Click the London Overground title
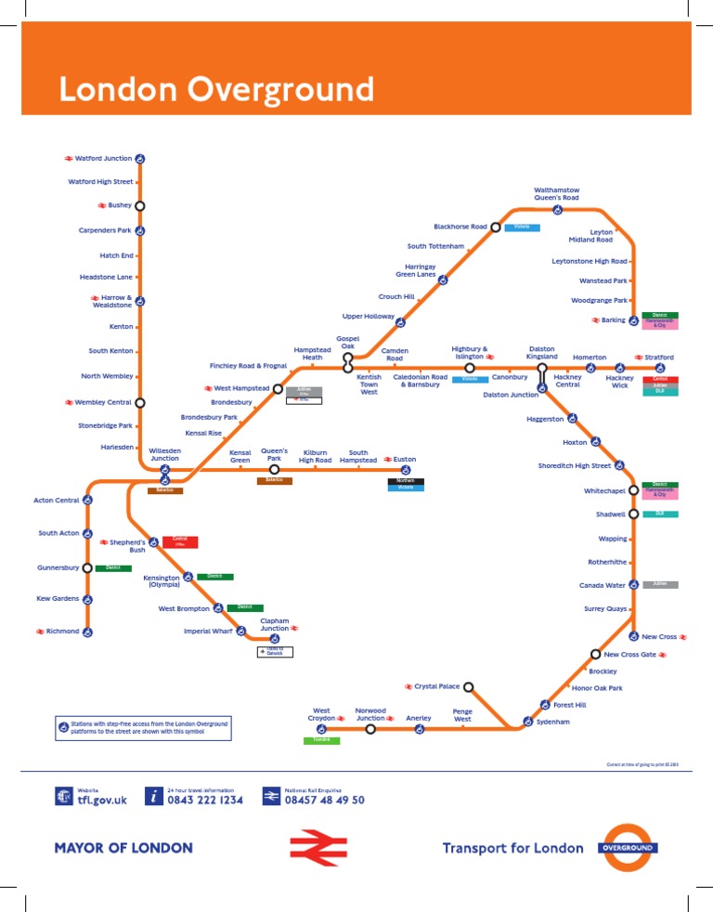(x=215, y=90)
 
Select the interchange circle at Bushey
(x=140, y=205)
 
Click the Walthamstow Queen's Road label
(x=556, y=194)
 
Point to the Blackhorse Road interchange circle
(x=496, y=227)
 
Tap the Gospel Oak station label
(x=347, y=343)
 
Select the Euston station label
(x=405, y=459)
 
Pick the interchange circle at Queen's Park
(x=274, y=469)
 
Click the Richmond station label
(x=62, y=632)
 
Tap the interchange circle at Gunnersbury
(x=87, y=567)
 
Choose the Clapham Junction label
(x=275, y=625)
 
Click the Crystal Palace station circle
(x=469, y=687)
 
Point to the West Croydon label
(x=321, y=715)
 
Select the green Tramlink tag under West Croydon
(x=321, y=740)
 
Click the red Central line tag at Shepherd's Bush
(x=180, y=541)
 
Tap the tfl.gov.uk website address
(x=101, y=800)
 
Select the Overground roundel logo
(x=627, y=847)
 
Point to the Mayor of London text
(x=123, y=848)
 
